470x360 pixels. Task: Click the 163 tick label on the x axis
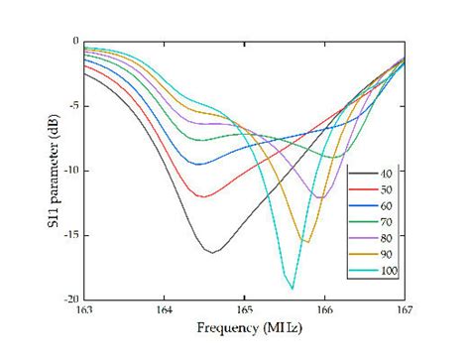[83, 309]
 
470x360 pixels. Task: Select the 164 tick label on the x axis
[164, 309]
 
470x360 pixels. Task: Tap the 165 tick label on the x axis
[244, 309]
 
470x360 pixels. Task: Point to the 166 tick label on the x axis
[324, 309]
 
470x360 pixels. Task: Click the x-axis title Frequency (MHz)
[244, 327]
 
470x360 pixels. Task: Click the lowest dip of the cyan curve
[292, 288]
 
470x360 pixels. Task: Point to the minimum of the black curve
[211, 252]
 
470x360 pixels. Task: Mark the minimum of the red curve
[202, 196]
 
